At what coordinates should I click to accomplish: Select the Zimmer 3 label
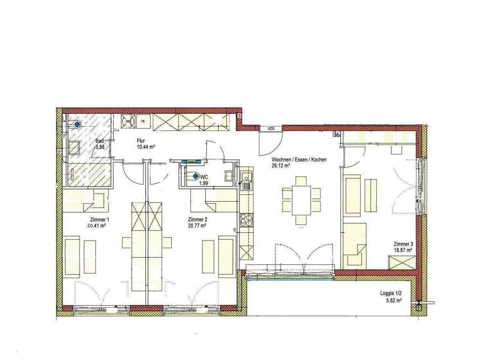403,244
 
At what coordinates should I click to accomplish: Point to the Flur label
142,140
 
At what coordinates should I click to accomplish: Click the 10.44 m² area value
147,147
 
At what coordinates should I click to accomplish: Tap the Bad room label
100,141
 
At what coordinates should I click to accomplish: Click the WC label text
204,177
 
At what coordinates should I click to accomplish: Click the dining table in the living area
300,197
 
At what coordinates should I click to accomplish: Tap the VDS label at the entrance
271,129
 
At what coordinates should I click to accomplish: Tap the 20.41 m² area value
98,226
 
